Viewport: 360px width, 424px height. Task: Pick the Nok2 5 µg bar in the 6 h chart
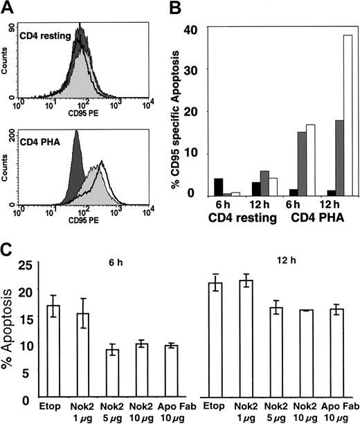pyautogui.click(x=112, y=373)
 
